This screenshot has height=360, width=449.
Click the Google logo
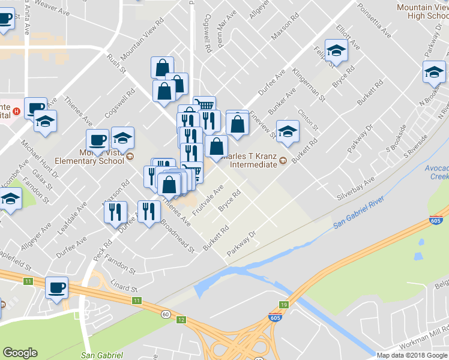[20, 353]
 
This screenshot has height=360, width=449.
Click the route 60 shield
[164, 314]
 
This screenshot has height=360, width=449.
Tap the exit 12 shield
[181, 319]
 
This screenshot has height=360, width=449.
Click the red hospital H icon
[17, 110]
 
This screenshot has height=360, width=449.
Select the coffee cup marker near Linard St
[56, 287]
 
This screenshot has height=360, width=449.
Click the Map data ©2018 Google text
[412, 355]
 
